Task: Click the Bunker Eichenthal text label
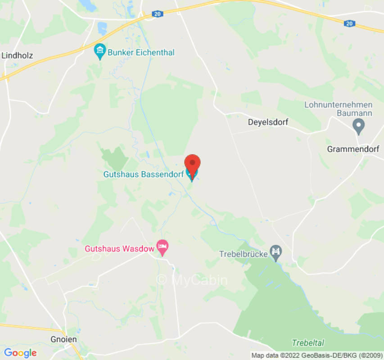click(x=141, y=53)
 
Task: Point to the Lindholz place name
click(x=17, y=56)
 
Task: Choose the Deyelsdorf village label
click(x=268, y=122)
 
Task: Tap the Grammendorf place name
click(x=353, y=149)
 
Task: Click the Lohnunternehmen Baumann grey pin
click(x=358, y=126)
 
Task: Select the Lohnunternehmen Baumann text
click(x=339, y=109)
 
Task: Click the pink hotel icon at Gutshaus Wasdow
click(x=162, y=247)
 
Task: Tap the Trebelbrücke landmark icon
click(x=276, y=252)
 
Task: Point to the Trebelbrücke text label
click(x=243, y=254)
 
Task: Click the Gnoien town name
click(x=63, y=339)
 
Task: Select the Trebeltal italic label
click(x=308, y=343)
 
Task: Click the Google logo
click(x=20, y=353)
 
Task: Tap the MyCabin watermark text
click(x=192, y=280)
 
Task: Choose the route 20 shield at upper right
click(x=349, y=23)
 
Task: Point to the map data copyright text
click(x=317, y=355)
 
